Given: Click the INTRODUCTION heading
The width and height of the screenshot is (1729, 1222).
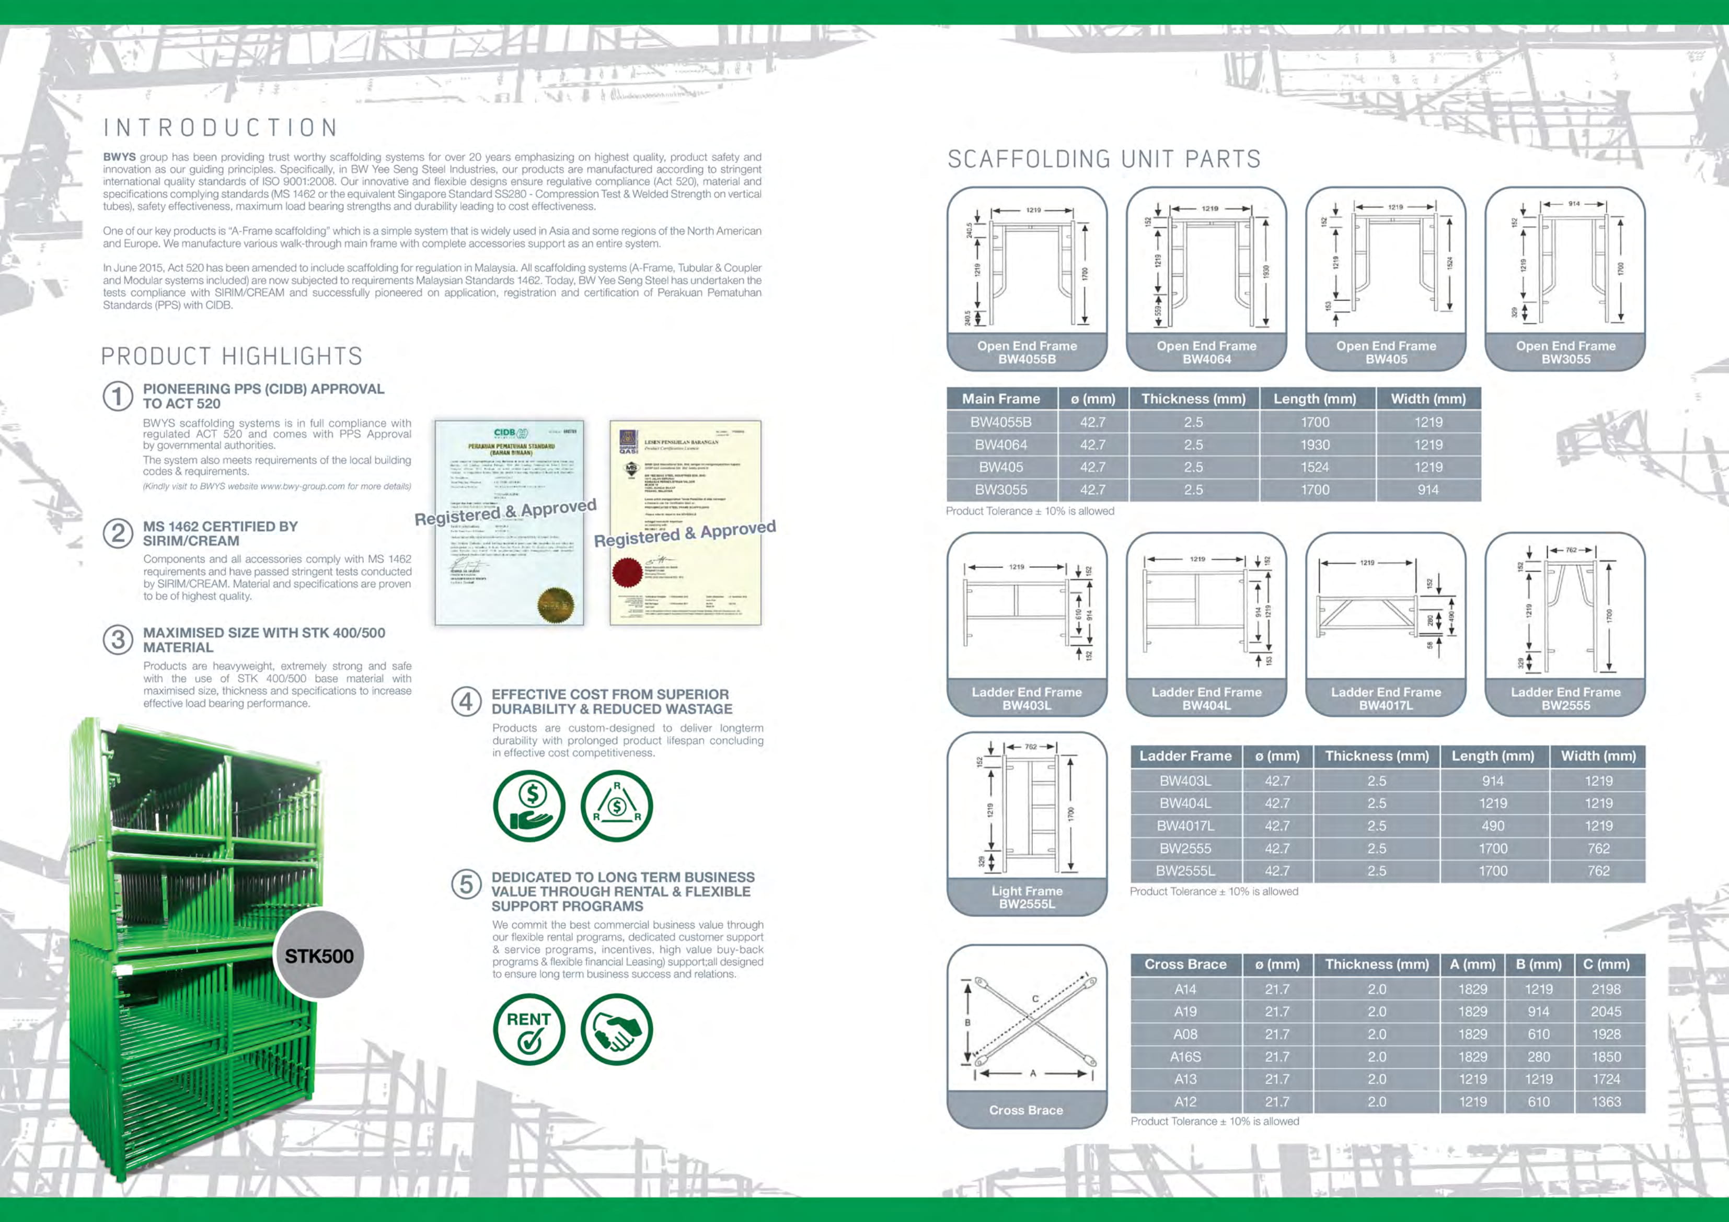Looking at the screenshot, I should pos(221,128).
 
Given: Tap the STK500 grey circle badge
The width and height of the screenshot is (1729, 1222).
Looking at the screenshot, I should pos(318,956).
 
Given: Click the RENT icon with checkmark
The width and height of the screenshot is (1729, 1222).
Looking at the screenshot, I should pos(528,1029).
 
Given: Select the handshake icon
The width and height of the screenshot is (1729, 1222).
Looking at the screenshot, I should pos(617,1029).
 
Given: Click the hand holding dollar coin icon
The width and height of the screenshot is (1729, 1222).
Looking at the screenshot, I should pos(528,806).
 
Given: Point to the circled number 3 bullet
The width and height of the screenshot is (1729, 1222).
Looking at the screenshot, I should pos(118,640).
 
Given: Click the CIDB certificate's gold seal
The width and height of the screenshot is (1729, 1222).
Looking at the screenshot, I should pos(555,604).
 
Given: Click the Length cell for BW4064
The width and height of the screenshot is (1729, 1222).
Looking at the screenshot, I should pos(1315,445).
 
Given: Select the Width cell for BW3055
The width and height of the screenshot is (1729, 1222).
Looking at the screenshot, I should pos(1428,490).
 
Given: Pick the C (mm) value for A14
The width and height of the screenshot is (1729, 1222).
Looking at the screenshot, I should pos(1606,990).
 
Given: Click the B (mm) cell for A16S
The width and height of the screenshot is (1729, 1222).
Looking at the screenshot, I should pos(1538,1057).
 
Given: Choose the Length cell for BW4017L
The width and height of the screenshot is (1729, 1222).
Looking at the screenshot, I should pos(1493,826).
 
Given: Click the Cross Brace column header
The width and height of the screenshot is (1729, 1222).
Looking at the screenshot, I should pos(1185,964).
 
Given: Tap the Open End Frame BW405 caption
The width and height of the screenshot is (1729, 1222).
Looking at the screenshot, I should pos(1386,352).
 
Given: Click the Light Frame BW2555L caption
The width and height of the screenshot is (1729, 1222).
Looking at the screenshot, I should pos(1027,898).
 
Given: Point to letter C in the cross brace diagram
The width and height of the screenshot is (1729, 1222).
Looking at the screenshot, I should pos(1035,998).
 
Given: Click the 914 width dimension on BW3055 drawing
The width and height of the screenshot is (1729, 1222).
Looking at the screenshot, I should pos(1574,204).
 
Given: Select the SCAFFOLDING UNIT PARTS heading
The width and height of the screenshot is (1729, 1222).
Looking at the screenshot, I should pos(1104,160).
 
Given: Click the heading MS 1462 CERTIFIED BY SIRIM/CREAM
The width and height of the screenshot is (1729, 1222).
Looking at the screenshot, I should pos(220,533).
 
